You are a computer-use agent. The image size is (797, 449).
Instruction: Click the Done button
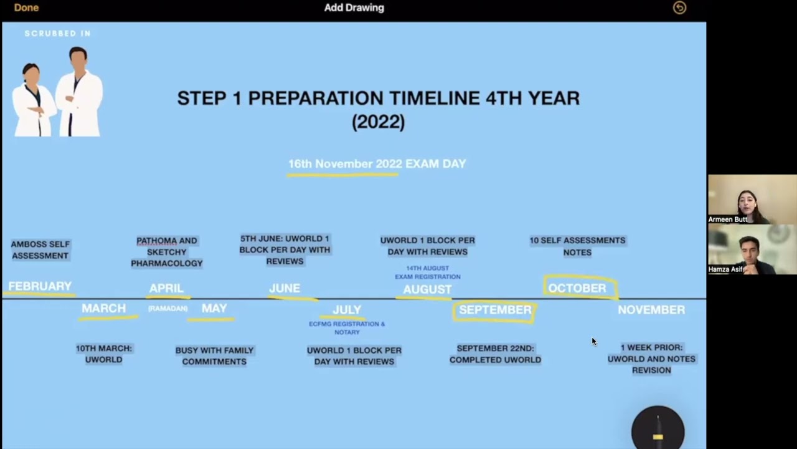click(x=26, y=7)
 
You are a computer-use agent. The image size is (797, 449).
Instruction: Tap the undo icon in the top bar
click(x=679, y=7)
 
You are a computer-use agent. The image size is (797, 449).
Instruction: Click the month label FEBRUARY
click(x=40, y=286)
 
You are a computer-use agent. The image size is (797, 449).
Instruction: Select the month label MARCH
click(x=103, y=309)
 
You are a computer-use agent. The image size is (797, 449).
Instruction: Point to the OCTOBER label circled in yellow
click(x=577, y=288)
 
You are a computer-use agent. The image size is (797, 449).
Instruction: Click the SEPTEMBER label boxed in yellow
click(x=495, y=310)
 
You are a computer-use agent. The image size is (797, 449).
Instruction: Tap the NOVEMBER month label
click(x=651, y=310)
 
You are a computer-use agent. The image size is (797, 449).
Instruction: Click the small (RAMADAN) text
click(x=167, y=309)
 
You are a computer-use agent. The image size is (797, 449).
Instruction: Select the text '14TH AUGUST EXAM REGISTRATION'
click(x=427, y=273)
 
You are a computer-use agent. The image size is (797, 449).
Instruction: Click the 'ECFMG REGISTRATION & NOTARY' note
click(x=347, y=328)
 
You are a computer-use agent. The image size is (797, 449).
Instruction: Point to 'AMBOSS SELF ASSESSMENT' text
click(x=40, y=250)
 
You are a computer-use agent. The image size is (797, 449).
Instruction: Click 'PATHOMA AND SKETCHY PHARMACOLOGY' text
click(x=166, y=252)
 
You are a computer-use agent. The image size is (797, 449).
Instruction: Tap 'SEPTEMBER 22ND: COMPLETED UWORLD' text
click(x=495, y=354)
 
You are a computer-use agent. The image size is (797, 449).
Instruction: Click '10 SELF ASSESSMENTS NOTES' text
click(x=577, y=246)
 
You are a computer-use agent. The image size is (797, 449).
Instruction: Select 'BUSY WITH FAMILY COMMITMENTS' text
click(x=214, y=355)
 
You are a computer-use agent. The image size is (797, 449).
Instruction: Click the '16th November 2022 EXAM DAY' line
click(x=377, y=164)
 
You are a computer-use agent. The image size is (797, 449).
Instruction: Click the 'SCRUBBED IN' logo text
click(x=57, y=34)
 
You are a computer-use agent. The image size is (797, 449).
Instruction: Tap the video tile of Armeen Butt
click(x=752, y=200)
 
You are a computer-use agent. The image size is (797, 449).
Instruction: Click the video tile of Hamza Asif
click(x=752, y=249)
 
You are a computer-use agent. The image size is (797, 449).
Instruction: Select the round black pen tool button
click(x=658, y=430)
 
